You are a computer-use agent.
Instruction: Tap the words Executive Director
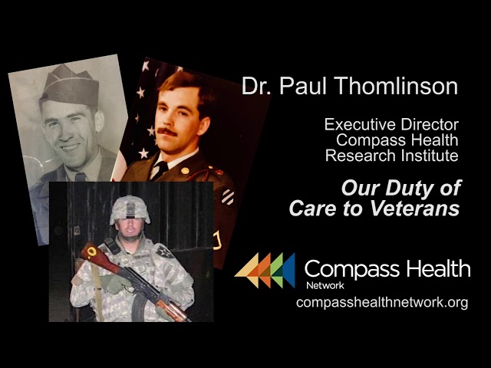coord(391,124)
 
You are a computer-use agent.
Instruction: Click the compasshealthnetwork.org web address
coord(382,302)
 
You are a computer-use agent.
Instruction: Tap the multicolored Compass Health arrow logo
coord(265,270)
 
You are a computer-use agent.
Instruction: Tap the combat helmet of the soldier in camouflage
coord(130,208)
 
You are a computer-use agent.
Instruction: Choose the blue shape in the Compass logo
coord(287,270)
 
